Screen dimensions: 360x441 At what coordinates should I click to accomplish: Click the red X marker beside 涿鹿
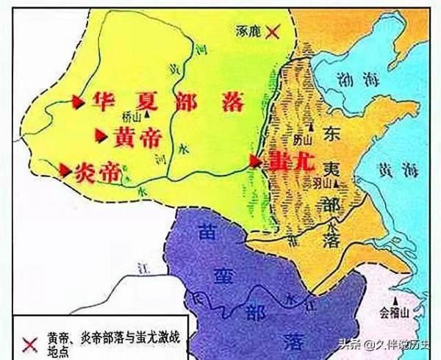click(273, 32)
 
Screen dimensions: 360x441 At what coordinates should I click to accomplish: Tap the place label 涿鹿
click(248, 32)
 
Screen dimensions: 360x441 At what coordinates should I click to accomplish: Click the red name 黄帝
click(134, 137)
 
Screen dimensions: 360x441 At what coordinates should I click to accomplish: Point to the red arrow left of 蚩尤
click(254, 160)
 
